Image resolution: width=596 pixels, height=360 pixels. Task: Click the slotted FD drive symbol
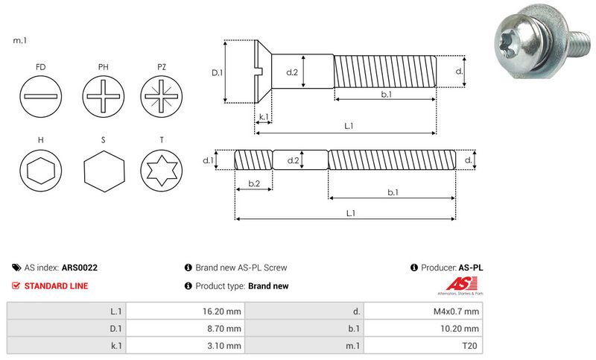[x=39, y=98]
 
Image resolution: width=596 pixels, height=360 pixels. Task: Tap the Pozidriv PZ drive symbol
[x=160, y=98]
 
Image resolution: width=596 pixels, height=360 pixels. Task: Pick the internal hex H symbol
[x=39, y=172]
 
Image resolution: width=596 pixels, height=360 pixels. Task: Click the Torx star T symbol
[x=160, y=172]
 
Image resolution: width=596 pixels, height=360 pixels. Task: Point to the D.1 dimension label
[x=218, y=72]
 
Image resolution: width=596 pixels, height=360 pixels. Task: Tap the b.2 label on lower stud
[x=253, y=183]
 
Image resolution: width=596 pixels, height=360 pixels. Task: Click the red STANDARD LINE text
[x=56, y=285]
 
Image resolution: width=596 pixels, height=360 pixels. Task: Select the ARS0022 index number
[x=80, y=268]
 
